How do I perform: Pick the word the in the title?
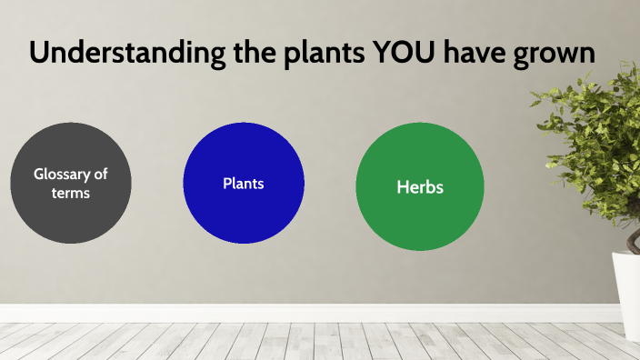pos(247,53)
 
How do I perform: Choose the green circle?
pos(419,218)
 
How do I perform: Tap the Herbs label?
pos(419,187)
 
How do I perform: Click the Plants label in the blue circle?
pos(244,183)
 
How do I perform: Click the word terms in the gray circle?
pos(71,193)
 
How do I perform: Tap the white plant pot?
pos(627,282)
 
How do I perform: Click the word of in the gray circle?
pos(101,173)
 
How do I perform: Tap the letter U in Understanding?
pos(38,53)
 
